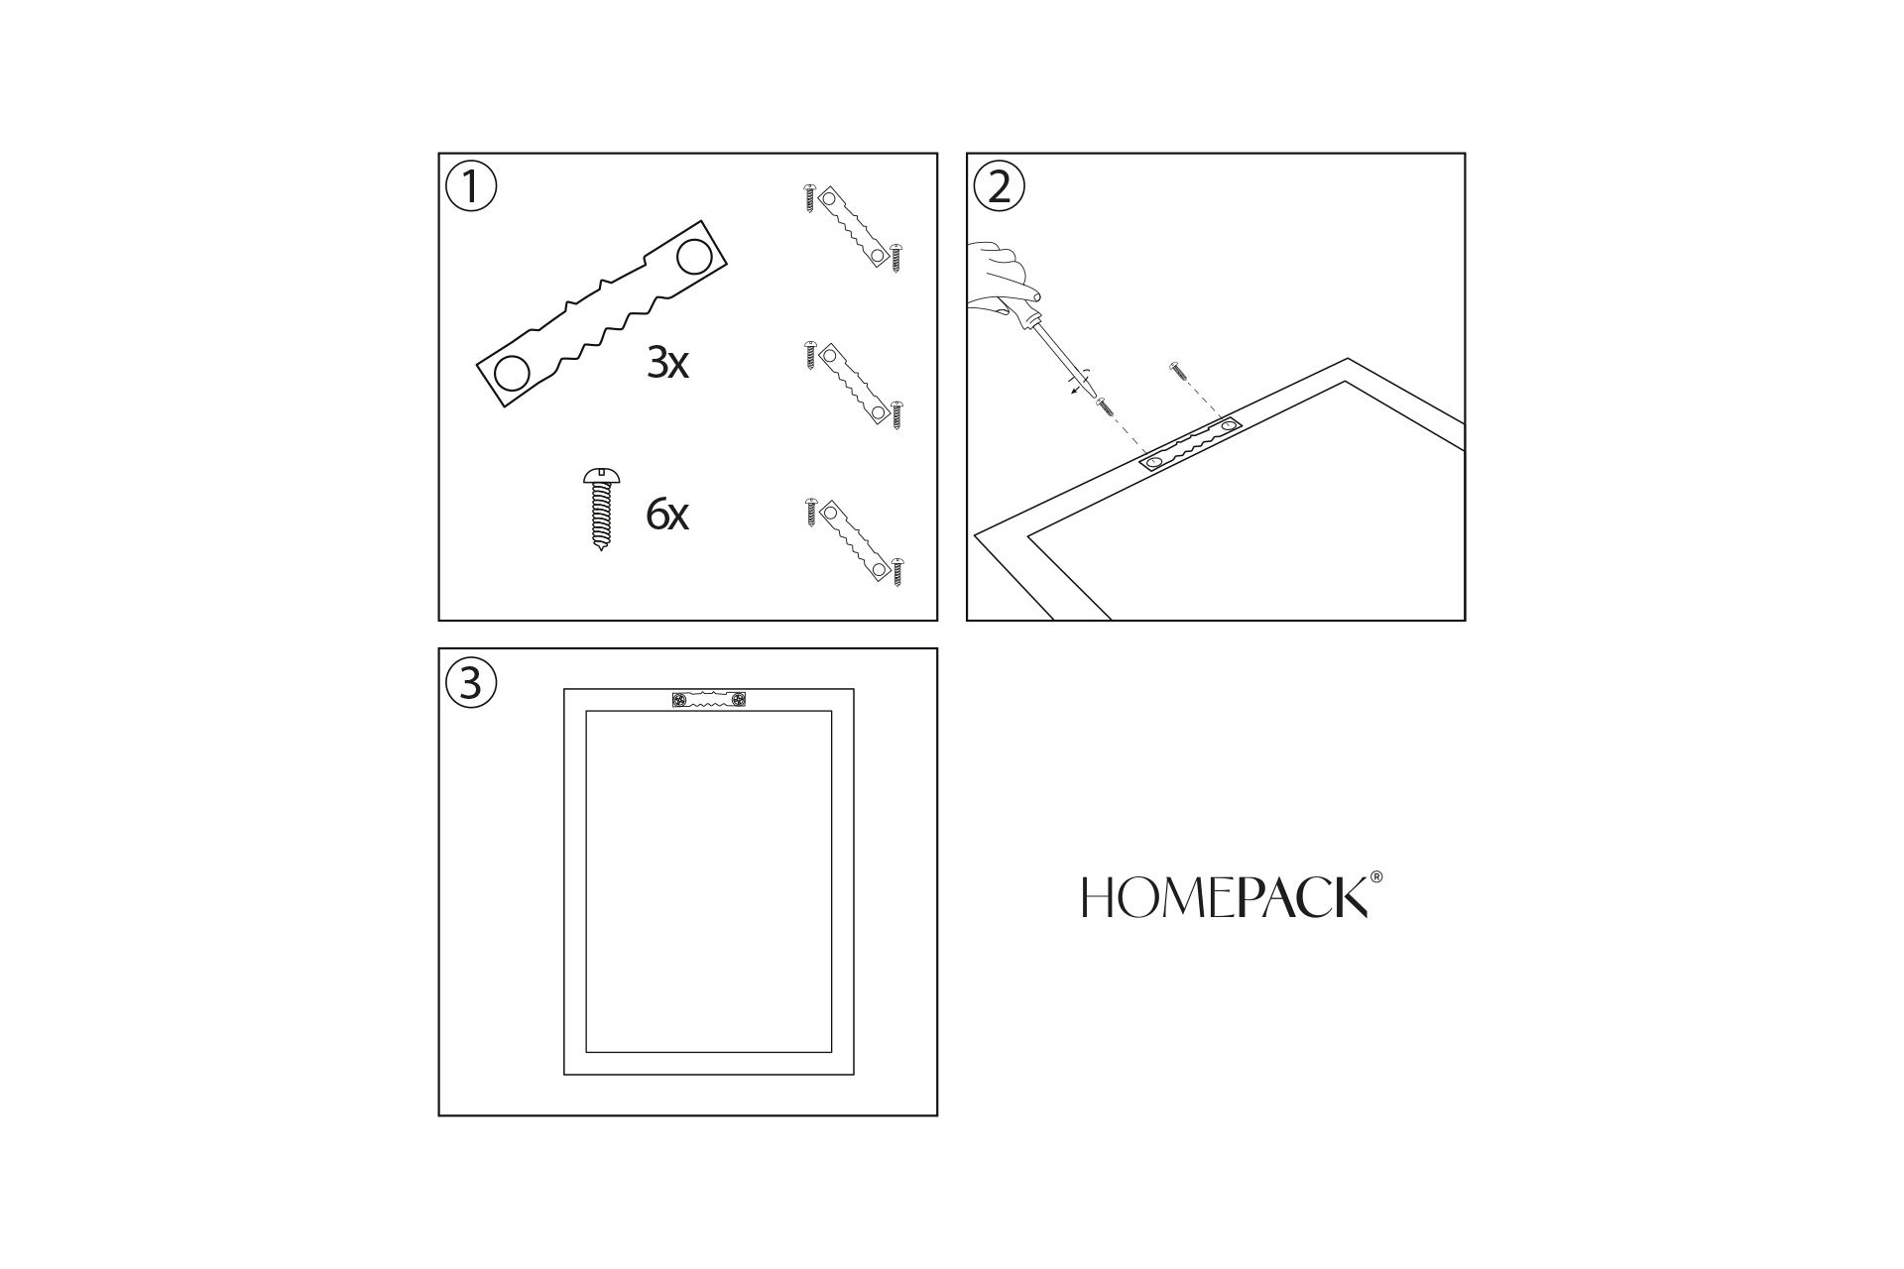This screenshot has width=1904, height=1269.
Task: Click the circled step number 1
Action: (471, 186)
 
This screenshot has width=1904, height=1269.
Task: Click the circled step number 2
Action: (1000, 186)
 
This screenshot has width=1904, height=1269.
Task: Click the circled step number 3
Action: (471, 683)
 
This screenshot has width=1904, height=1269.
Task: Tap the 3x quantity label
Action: (667, 364)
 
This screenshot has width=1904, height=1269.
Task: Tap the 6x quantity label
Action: (667, 515)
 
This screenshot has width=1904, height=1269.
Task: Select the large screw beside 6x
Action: (601, 509)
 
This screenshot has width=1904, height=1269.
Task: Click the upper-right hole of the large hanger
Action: (694, 258)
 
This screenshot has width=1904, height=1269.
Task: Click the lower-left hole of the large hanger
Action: (512, 374)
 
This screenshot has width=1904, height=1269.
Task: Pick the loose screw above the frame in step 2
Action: (1177, 370)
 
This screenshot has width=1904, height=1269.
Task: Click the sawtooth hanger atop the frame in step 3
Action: (708, 701)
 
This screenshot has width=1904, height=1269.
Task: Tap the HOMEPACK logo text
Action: (1226, 896)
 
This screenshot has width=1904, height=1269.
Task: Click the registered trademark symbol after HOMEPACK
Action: (1375, 877)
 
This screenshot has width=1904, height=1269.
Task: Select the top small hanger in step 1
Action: (853, 226)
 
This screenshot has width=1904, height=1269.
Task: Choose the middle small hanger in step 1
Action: (853, 384)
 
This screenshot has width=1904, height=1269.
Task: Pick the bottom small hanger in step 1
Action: (853, 540)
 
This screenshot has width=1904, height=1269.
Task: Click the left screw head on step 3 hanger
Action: (679, 701)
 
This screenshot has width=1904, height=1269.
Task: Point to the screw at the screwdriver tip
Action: (1104, 404)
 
